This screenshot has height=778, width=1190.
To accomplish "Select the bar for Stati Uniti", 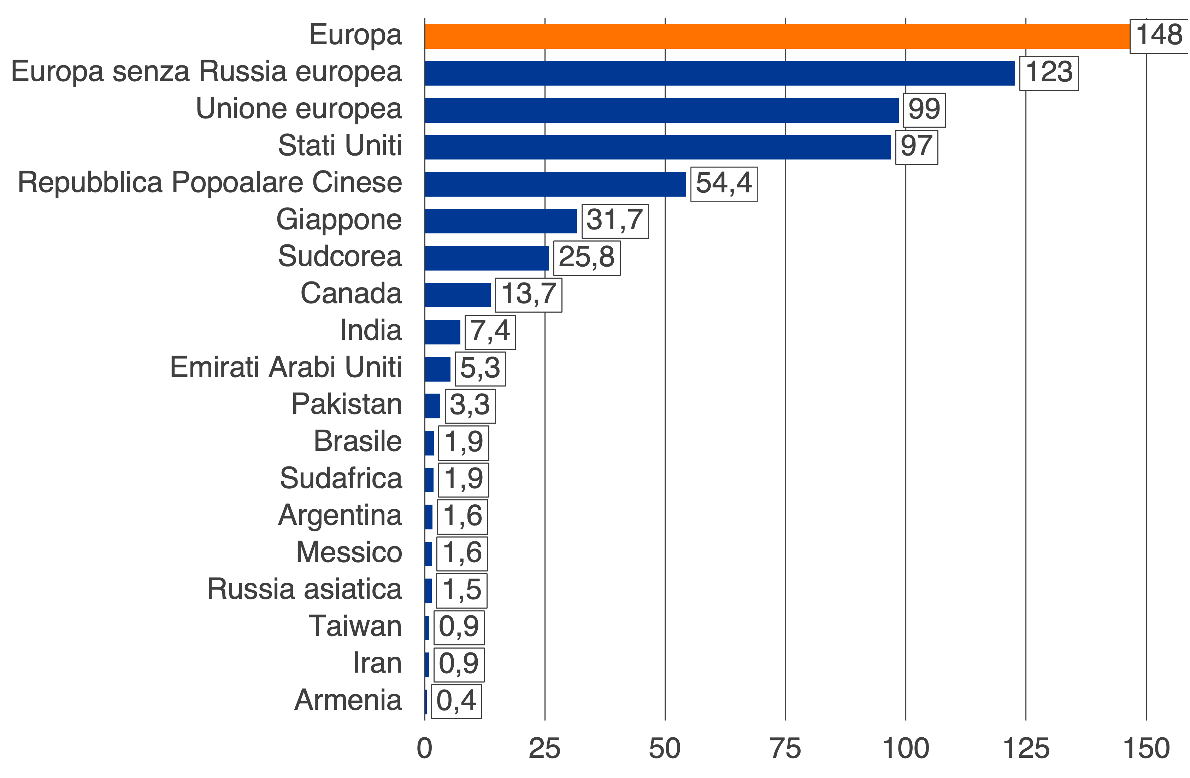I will [658, 147].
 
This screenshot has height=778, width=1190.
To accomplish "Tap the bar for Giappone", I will [501, 221].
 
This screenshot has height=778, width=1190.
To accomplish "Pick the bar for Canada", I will [458, 295].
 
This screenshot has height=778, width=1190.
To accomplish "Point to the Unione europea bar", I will [661, 110].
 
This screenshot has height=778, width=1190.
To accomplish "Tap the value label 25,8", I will [587, 258].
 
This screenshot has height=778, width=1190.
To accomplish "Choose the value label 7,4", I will [490, 332].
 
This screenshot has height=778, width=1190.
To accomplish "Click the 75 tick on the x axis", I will [785, 749].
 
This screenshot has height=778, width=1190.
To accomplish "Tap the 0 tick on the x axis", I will [424, 749].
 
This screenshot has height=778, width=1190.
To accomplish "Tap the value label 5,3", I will [480, 369].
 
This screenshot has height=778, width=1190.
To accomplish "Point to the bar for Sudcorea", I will [487, 258].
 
